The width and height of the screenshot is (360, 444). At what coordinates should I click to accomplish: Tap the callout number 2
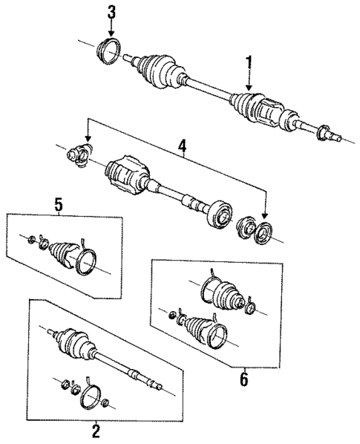click(95, 429)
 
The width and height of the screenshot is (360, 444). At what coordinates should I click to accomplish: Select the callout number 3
click(111, 11)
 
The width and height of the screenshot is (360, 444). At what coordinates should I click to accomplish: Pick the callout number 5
click(57, 202)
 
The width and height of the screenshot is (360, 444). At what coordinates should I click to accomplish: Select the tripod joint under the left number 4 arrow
click(79, 155)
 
